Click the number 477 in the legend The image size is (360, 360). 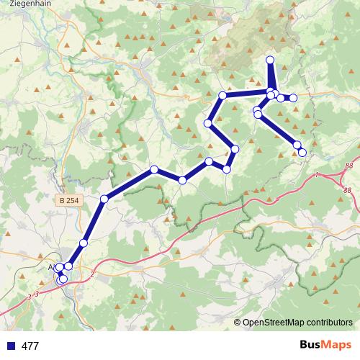(x=30, y=346)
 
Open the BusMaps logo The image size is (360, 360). (x=323, y=345)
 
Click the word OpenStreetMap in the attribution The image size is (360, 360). (x=272, y=323)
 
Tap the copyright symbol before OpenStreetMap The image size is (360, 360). (x=238, y=323)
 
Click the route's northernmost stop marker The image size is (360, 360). (x=270, y=60)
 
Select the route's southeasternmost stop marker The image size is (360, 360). (x=302, y=152)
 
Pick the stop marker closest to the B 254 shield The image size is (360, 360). (x=104, y=199)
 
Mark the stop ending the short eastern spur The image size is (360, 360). (x=293, y=98)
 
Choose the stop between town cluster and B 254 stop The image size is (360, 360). (x=84, y=243)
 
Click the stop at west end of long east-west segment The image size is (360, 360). (x=222, y=95)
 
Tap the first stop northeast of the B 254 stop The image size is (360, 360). (x=154, y=169)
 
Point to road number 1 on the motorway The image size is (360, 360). (x=316, y=175)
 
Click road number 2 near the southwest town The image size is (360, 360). (x=92, y=274)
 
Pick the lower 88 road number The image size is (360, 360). (x=347, y=190)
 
